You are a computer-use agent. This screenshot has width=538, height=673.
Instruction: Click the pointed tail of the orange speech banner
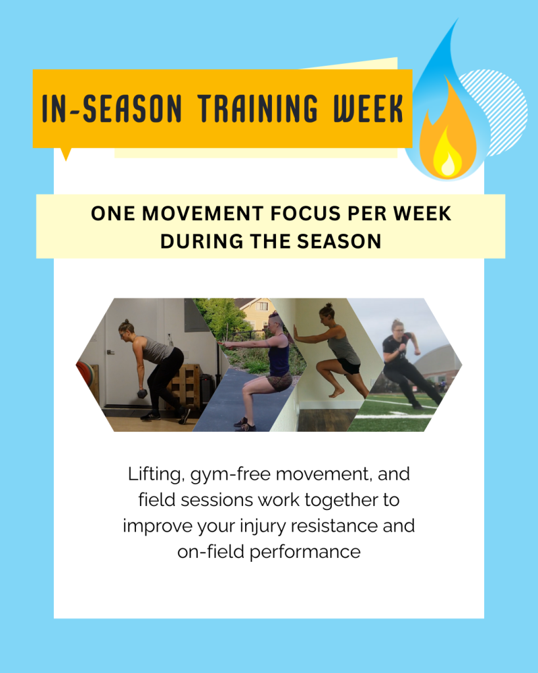click(65, 154)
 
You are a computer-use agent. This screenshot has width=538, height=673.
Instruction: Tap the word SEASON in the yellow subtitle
click(342, 241)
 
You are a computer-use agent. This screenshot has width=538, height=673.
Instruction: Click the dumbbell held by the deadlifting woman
click(142, 393)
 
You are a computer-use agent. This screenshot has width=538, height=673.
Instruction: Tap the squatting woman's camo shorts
click(279, 383)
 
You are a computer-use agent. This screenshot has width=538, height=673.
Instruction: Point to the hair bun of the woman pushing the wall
click(325, 307)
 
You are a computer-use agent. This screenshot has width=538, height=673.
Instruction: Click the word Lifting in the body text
click(150, 474)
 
